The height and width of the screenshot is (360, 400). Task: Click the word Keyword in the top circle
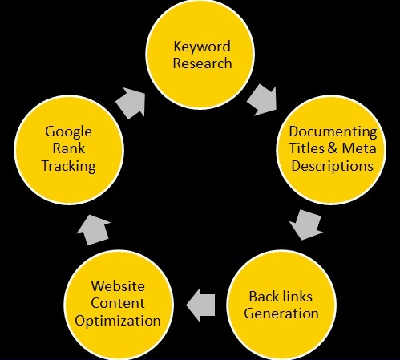(202, 47)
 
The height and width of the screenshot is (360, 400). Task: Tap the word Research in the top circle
(202, 63)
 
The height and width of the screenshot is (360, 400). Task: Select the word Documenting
(333, 132)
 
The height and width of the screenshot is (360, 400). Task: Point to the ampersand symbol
(333, 148)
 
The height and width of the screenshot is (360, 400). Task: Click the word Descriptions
(332, 166)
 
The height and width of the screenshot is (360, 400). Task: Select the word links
(297, 297)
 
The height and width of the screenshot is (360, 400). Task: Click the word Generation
(281, 313)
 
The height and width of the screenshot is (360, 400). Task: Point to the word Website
(118, 286)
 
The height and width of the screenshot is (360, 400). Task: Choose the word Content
(118, 303)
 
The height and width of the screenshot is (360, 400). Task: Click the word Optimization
(118, 321)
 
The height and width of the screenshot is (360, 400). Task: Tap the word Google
(68, 132)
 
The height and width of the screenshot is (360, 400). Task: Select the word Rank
(69, 148)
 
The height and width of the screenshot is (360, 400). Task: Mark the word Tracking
(69, 166)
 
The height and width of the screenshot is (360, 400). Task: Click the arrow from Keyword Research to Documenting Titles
(262, 100)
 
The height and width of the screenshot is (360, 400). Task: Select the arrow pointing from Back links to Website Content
(200, 305)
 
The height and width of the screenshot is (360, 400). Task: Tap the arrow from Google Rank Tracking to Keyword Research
(131, 103)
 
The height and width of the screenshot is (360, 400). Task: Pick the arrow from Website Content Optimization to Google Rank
(94, 230)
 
